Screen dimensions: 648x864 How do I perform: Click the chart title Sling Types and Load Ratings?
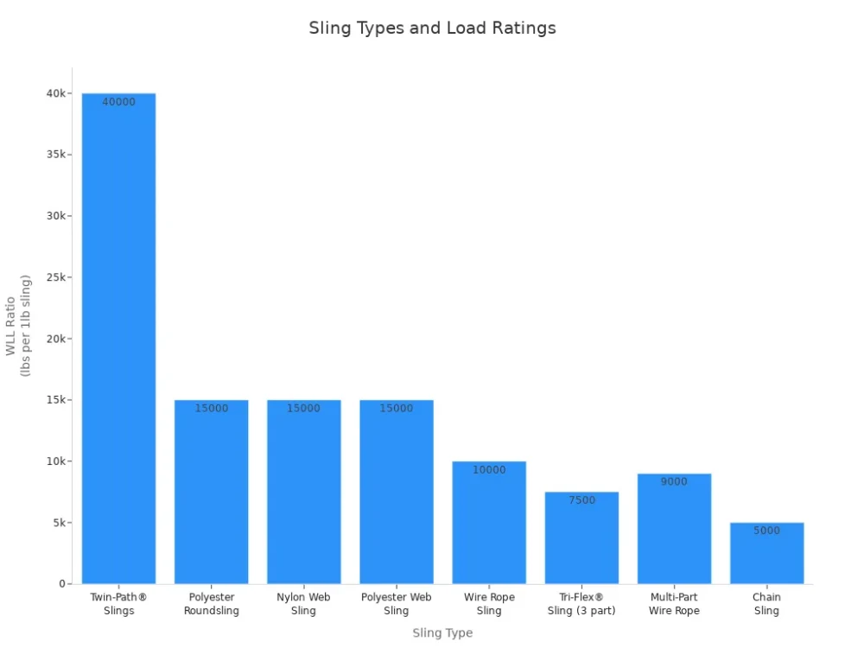pyautogui.click(x=432, y=28)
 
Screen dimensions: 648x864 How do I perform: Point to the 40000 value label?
pyautogui.click(x=119, y=102)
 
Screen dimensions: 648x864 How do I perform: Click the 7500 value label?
pyautogui.click(x=581, y=500)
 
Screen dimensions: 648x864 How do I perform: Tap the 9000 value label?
pyautogui.click(x=674, y=482)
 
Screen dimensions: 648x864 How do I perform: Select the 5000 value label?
pyautogui.click(x=766, y=531)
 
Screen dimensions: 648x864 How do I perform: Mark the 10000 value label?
pyautogui.click(x=489, y=470)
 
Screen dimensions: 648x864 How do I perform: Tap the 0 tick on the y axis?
pyautogui.click(x=62, y=584)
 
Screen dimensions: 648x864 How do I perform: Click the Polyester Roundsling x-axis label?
pyautogui.click(x=212, y=604)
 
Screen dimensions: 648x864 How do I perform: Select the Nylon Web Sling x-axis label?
pyautogui.click(x=303, y=604)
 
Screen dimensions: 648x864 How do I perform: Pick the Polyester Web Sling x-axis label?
pyautogui.click(x=397, y=604)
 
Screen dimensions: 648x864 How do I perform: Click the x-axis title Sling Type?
pyautogui.click(x=442, y=633)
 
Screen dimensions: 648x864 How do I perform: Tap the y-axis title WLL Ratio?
pyautogui.click(x=11, y=326)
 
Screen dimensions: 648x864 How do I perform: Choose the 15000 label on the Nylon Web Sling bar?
pyautogui.click(x=303, y=409)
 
